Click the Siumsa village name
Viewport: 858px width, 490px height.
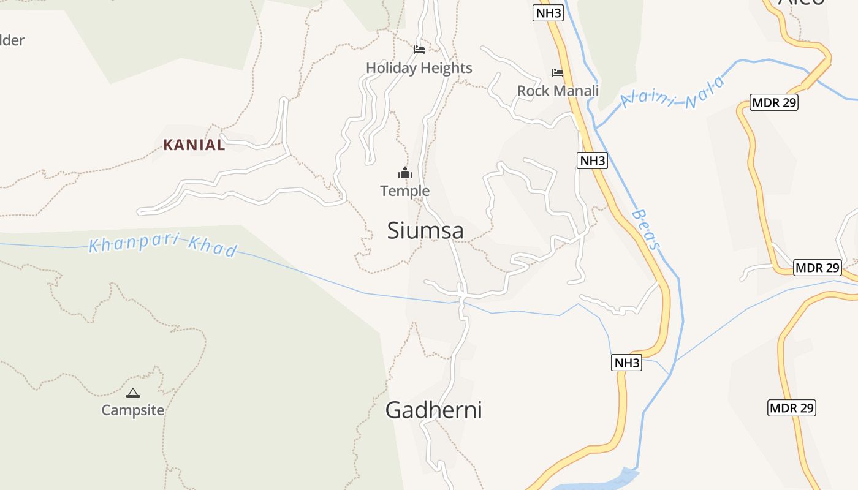click(425, 230)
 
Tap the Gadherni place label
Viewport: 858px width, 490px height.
click(433, 410)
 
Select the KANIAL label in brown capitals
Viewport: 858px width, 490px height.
click(194, 145)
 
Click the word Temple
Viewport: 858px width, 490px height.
click(404, 191)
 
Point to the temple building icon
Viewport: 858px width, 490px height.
click(404, 173)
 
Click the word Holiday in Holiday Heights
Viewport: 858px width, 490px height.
click(391, 68)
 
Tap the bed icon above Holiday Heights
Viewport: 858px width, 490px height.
click(419, 49)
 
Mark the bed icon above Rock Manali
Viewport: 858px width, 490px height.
click(557, 72)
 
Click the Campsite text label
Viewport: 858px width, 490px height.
click(133, 410)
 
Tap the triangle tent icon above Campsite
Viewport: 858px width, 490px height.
click(133, 393)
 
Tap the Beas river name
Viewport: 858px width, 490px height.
click(647, 230)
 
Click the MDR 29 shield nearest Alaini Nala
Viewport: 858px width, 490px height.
click(774, 102)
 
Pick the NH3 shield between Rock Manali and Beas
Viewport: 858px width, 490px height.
click(592, 160)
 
